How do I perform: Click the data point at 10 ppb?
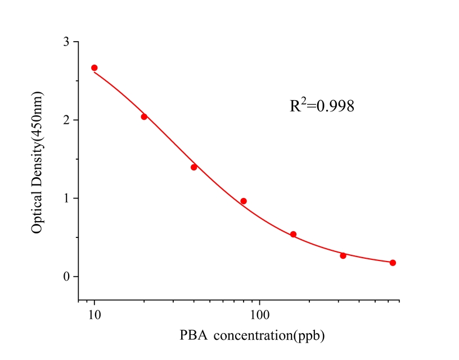click(94, 67)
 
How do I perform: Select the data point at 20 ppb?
click(144, 116)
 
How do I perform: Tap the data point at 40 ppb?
click(194, 167)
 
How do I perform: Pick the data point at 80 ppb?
click(244, 201)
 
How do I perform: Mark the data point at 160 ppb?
click(293, 234)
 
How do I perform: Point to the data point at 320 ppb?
click(343, 255)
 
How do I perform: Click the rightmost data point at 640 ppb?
click(393, 263)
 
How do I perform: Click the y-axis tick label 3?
click(66, 42)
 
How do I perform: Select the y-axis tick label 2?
click(66, 120)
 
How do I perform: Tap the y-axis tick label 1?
click(66, 199)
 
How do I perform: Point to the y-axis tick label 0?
click(66, 277)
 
